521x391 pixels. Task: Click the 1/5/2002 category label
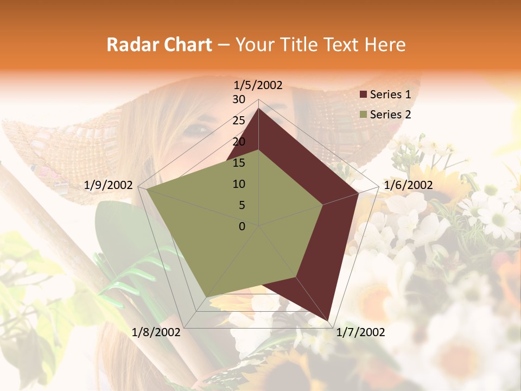[x=258, y=85]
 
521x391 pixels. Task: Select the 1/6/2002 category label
[x=408, y=185]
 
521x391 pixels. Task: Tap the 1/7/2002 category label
[x=360, y=332]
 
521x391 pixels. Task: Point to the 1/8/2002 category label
[x=156, y=332]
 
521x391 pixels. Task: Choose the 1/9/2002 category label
[x=109, y=185]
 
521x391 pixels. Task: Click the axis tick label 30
[x=239, y=99]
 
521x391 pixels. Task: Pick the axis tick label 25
[x=239, y=121]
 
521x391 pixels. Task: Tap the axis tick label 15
[x=239, y=163]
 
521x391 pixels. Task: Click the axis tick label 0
[x=242, y=226]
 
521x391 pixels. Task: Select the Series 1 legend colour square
[x=364, y=94]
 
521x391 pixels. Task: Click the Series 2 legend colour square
[x=364, y=115]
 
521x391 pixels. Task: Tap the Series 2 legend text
[x=390, y=115]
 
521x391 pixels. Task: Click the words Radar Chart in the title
[x=159, y=45]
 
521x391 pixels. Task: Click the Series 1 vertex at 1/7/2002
[x=328, y=320]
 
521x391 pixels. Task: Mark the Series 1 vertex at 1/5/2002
[x=258, y=109]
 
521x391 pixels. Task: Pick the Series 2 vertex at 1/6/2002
[x=323, y=205]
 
